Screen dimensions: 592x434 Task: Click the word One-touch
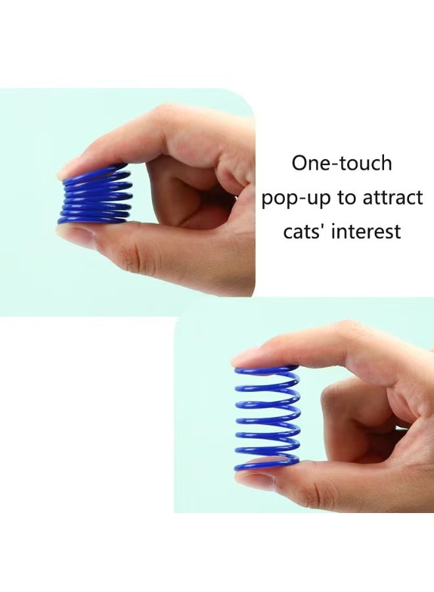click(341, 163)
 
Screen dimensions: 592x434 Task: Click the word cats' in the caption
click(306, 232)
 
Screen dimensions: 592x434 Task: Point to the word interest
click(369, 232)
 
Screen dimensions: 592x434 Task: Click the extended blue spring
click(267, 418)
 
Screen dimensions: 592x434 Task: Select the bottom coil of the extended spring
click(267, 464)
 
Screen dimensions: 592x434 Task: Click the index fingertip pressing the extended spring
click(253, 357)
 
